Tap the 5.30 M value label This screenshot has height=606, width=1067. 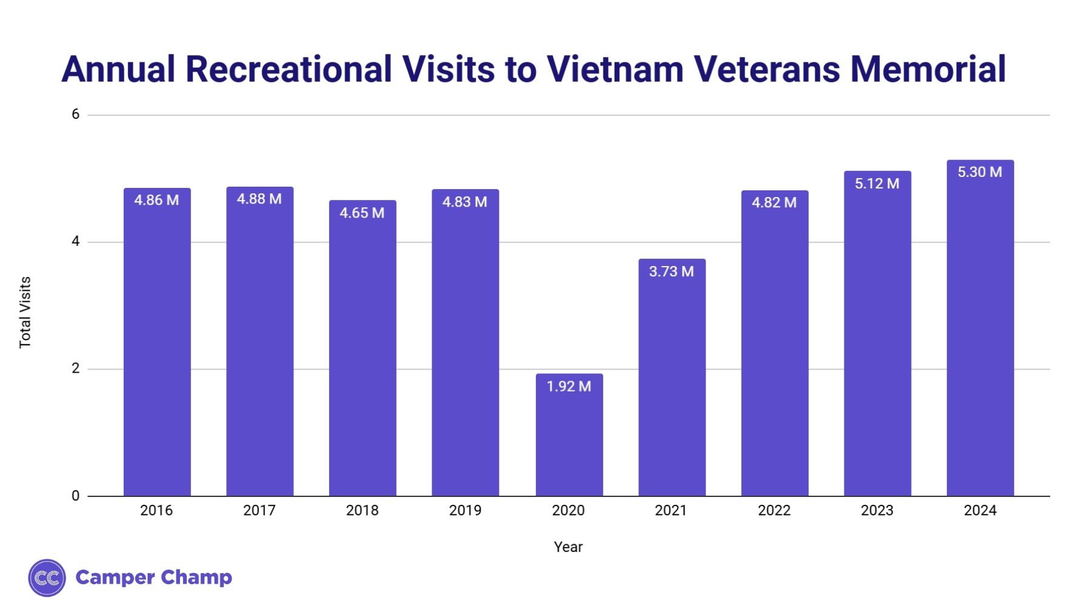980,172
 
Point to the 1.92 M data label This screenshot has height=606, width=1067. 569,387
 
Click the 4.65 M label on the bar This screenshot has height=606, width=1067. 362,213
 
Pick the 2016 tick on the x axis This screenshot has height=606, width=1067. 156,511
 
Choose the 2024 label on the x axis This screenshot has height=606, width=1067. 980,511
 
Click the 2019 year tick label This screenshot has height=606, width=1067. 465,511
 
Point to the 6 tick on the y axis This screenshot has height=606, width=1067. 76,115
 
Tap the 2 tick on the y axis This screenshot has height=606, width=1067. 76,368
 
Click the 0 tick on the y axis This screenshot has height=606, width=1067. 76,496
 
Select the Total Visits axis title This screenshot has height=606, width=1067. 25,313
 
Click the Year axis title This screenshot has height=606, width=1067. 568,547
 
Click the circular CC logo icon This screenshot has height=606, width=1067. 47,578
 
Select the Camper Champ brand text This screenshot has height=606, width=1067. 153,578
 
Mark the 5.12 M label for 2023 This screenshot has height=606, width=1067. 877,184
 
